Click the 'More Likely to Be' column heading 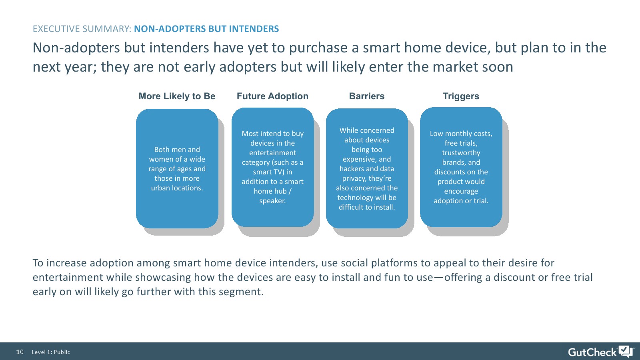[x=177, y=96]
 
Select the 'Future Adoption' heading [x=272, y=96]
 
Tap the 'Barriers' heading [x=367, y=96]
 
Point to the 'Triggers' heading [x=461, y=96]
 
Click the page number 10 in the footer [x=20, y=352]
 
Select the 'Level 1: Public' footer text [x=51, y=352]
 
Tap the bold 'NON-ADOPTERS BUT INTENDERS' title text [x=206, y=29]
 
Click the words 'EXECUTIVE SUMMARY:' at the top [x=82, y=29]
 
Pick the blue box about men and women [x=177, y=168]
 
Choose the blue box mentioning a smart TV [x=272, y=167]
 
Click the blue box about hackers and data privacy [x=367, y=168]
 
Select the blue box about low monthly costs [x=461, y=167]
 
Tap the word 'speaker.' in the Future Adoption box [x=272, y=201]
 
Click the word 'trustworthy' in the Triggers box [x=461, y=153]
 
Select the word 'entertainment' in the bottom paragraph [x=68, y=278]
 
